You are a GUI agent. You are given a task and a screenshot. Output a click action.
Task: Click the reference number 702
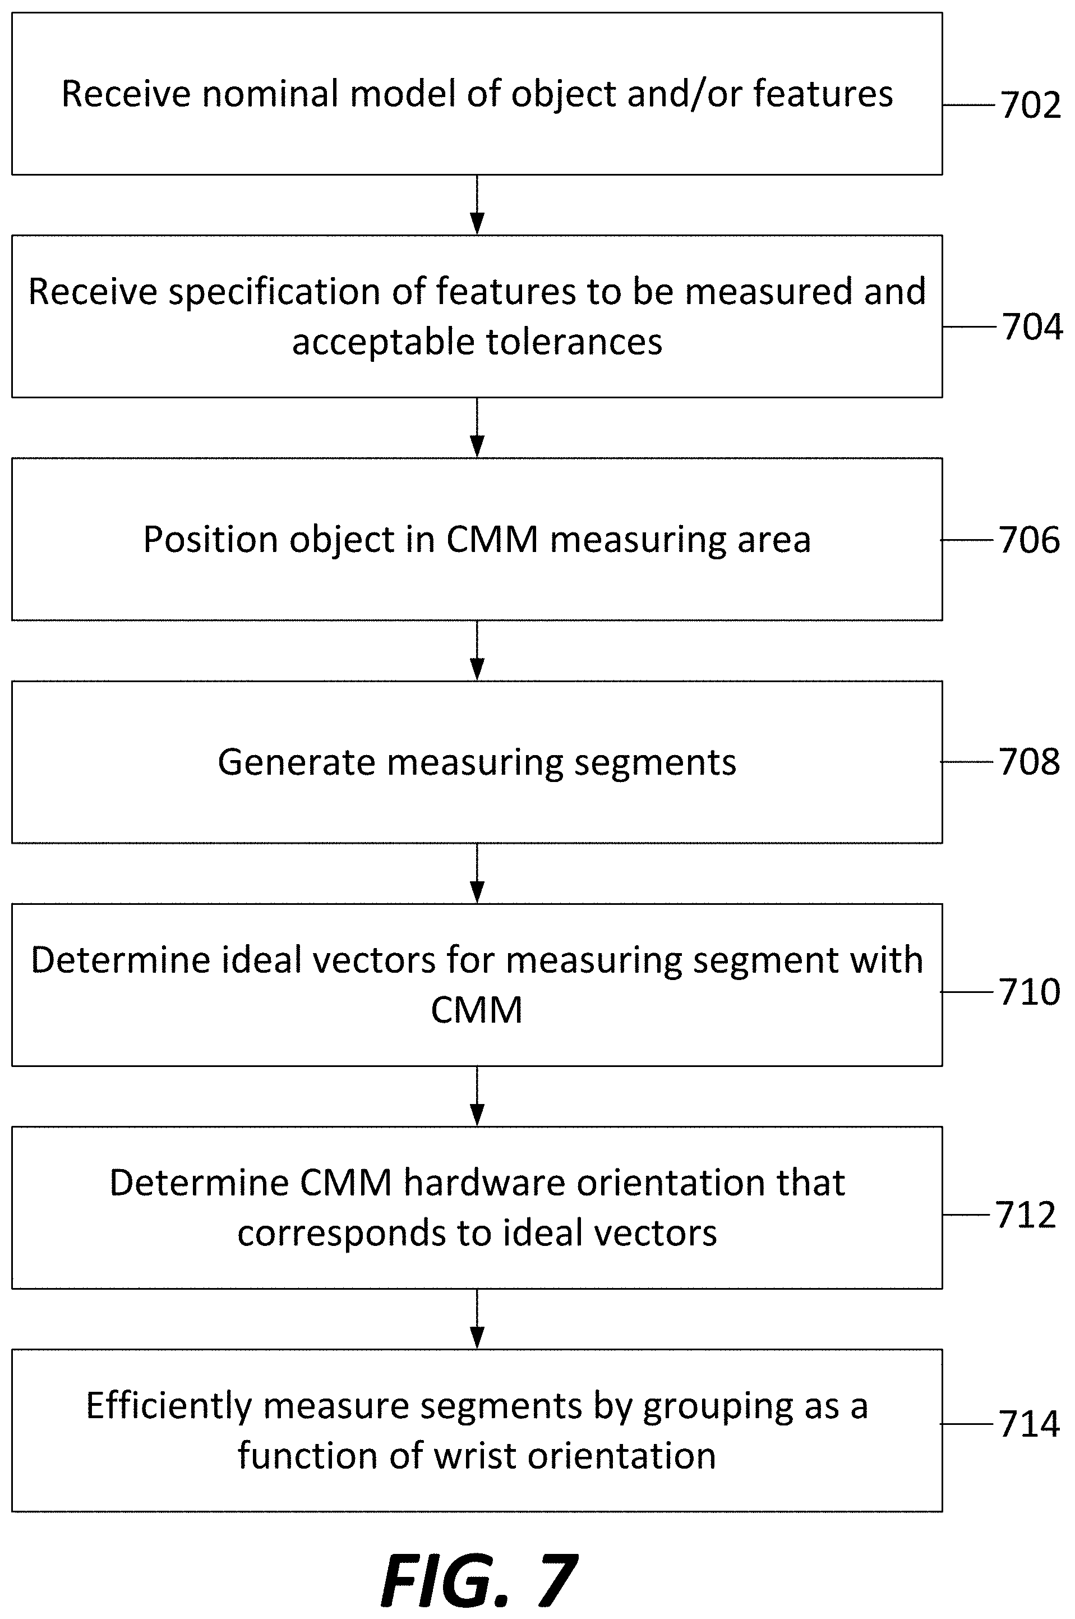1031,105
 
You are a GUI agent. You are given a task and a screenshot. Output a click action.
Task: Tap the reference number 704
1032,326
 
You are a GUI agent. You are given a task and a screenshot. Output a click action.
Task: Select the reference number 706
1029,540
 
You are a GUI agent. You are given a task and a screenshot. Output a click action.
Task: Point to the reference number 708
1029,762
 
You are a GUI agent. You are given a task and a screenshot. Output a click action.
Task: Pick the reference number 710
1029,992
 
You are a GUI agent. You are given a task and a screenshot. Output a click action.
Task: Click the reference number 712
1025,1215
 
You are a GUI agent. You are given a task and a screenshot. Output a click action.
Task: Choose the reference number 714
1029,1424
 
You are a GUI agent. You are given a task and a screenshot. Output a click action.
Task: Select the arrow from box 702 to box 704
477,205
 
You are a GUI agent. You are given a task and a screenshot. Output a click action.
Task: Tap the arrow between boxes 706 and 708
477,651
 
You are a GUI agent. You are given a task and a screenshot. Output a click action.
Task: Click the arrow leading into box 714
477,1319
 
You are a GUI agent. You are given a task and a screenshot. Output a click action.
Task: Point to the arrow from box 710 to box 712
477,1096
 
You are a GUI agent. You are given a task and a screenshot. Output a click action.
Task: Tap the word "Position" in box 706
210,539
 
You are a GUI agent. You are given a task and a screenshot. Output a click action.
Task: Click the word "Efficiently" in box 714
170,1406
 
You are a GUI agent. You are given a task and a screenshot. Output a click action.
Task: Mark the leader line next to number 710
967,992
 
